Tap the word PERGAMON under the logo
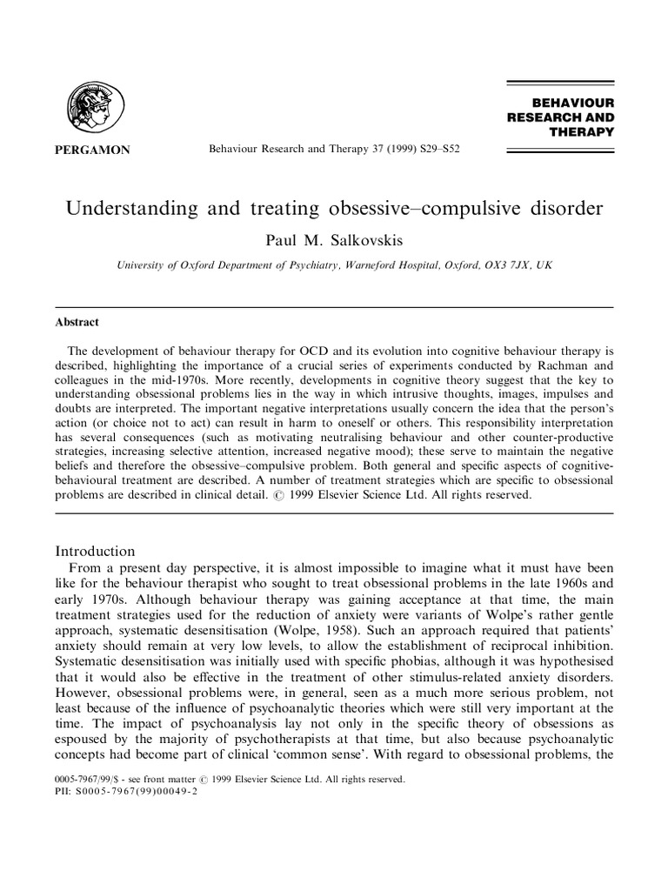(92, 150)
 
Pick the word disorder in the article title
(567, 211)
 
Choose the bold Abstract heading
(77, 322)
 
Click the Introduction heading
(95, 551)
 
